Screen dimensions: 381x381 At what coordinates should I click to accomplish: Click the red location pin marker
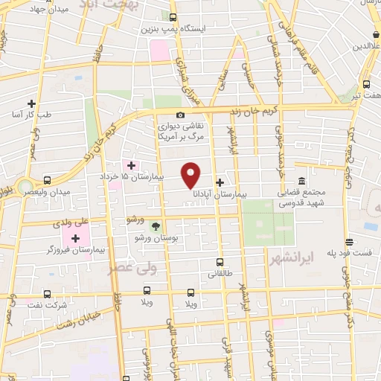point(192,174)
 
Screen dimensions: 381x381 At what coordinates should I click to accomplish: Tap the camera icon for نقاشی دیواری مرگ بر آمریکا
point(181,115)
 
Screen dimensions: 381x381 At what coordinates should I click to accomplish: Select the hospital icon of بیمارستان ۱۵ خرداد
point(132,165)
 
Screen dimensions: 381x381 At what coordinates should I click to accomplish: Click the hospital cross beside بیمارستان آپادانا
point(220,182)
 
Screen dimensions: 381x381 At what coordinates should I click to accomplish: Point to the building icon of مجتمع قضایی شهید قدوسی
point(301,182)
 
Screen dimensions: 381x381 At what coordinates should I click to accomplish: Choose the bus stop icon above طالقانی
point(219,262)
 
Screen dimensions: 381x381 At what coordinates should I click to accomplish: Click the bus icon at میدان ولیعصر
point(48,180)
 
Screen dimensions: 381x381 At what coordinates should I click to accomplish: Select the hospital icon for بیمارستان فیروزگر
point(75,238)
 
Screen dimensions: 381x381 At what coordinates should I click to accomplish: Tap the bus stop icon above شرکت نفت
point(47,294)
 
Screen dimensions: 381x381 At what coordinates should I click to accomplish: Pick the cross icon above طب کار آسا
point(31,103)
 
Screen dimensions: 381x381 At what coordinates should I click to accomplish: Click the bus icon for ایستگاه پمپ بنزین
point(173,18)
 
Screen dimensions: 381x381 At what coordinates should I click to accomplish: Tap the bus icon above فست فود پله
point(348,241)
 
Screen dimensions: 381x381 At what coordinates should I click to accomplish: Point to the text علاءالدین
point(361,46)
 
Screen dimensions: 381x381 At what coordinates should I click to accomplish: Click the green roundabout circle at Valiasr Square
point(25,186)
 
